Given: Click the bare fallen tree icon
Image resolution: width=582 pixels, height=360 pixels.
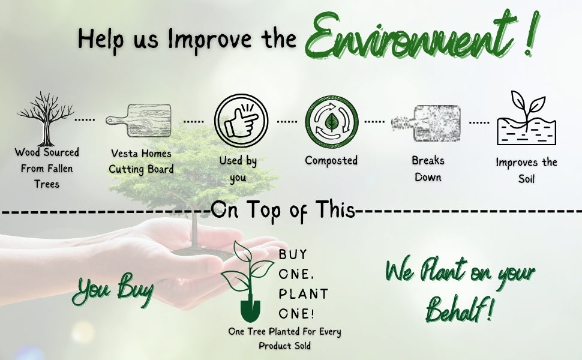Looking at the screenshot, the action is (x=46, y=119).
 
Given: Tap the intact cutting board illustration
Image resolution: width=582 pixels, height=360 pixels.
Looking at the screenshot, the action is (x=139, y=120).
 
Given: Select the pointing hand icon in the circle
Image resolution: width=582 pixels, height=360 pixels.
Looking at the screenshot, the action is (x=241, y=120).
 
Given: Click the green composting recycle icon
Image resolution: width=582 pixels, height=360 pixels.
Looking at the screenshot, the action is (x=332, y=122).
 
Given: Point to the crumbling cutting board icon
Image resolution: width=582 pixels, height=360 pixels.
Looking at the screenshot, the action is (x=426, y=123).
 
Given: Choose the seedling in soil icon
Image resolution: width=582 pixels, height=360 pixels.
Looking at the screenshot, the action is (x=526, y=118).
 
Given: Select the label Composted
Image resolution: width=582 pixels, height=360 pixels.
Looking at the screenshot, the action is (x=331, y=160).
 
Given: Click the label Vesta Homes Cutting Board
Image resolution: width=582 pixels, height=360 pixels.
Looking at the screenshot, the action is (x=141, y=161).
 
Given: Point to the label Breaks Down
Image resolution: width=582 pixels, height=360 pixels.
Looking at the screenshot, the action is (x=428, y=169).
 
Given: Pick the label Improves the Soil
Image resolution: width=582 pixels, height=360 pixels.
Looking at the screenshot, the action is (x=526, y=171).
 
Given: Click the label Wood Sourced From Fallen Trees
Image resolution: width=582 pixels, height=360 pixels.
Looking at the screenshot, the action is (x=47, y=168).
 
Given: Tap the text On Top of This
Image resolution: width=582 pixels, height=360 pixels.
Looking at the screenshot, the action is (x=283, y=210).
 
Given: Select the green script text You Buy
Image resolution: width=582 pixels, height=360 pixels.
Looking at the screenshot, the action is (x=113, y=289).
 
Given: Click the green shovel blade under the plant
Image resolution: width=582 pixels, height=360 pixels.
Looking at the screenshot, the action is (x=250, y=311).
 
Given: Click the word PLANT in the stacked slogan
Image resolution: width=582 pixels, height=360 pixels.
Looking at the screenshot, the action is (x=303, y=294).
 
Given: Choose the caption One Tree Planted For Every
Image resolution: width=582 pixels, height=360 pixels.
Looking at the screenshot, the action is (x=284, y=331).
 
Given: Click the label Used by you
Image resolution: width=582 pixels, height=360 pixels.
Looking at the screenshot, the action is (x=238, y=169).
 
